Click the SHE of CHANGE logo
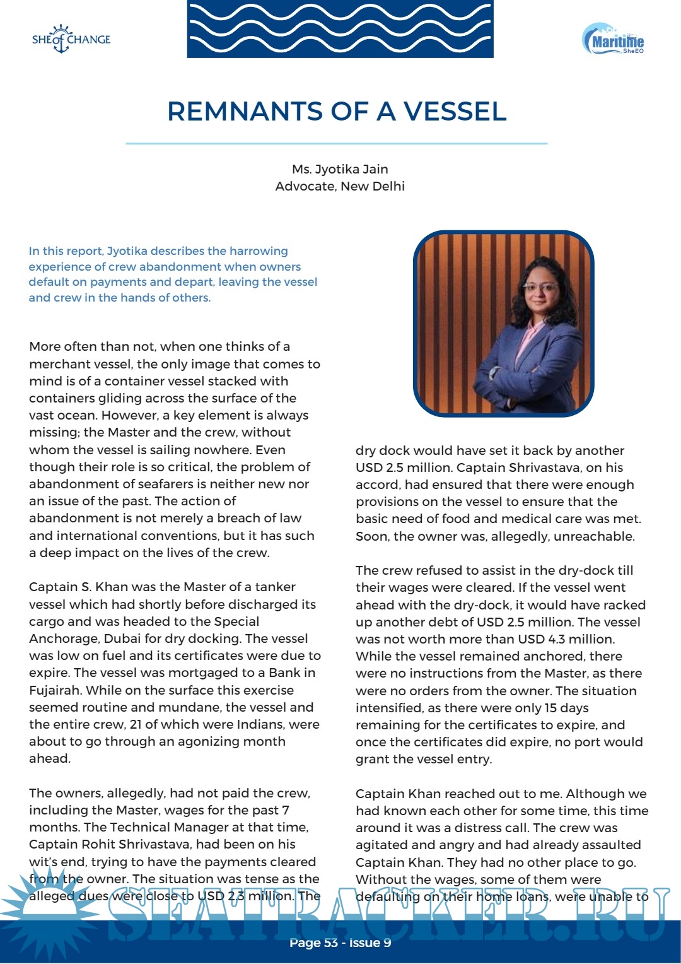point(71,39)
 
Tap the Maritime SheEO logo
point(613,40)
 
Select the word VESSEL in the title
point(455,112)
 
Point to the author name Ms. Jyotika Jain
point(340,169)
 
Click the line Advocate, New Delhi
point(340,186)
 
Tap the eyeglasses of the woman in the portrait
point(540,288)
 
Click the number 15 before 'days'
point(550,708)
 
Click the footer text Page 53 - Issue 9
point(340,943)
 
